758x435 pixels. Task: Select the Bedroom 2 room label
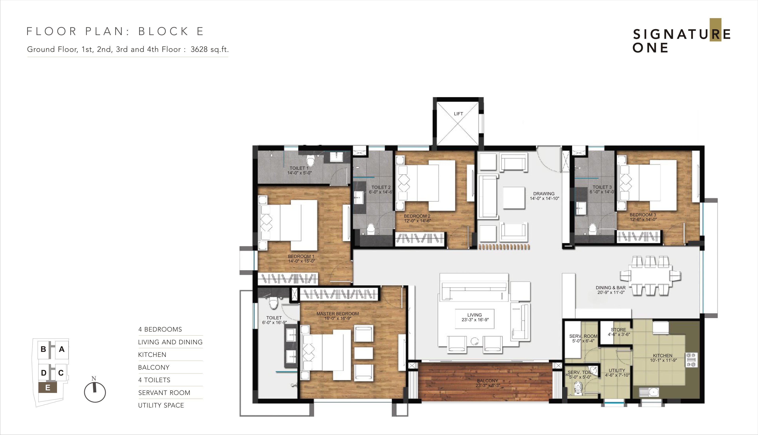[417, 216]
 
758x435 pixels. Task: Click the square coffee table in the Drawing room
[514, 198]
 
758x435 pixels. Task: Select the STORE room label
[618, 330]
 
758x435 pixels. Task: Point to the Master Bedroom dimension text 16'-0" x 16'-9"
[338, 319]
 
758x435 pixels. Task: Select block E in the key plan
[47, 388]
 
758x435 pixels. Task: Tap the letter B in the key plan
[43, 349]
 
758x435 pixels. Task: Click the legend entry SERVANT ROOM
[164, 393]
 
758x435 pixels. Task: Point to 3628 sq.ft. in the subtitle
[210, 49]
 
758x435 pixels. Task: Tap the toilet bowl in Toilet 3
[592, 229]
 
